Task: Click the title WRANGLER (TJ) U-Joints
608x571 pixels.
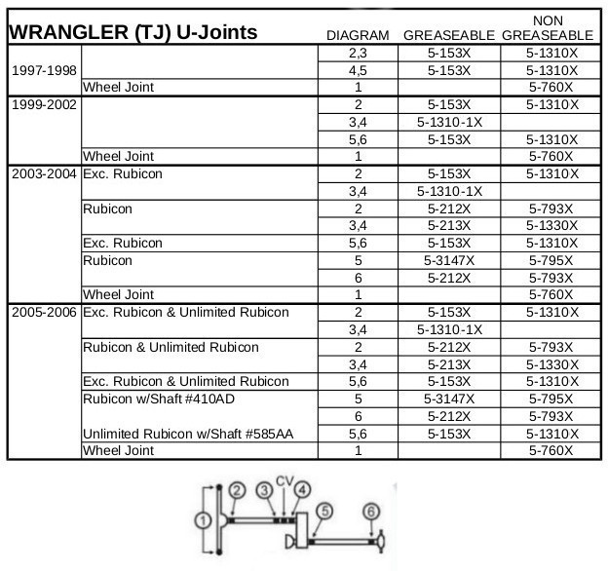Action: click(x=133, y=32)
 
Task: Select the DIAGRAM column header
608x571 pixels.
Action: click(x=357, y=36)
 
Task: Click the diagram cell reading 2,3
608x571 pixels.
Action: click(x=358, y=54)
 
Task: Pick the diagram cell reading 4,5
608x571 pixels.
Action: click(x=358, y=70)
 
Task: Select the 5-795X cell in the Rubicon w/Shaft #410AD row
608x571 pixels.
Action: click(x=551, y=399)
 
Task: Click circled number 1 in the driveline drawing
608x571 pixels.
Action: click(x=202, y=521)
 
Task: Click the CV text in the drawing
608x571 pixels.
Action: click(x=284, y=479)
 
